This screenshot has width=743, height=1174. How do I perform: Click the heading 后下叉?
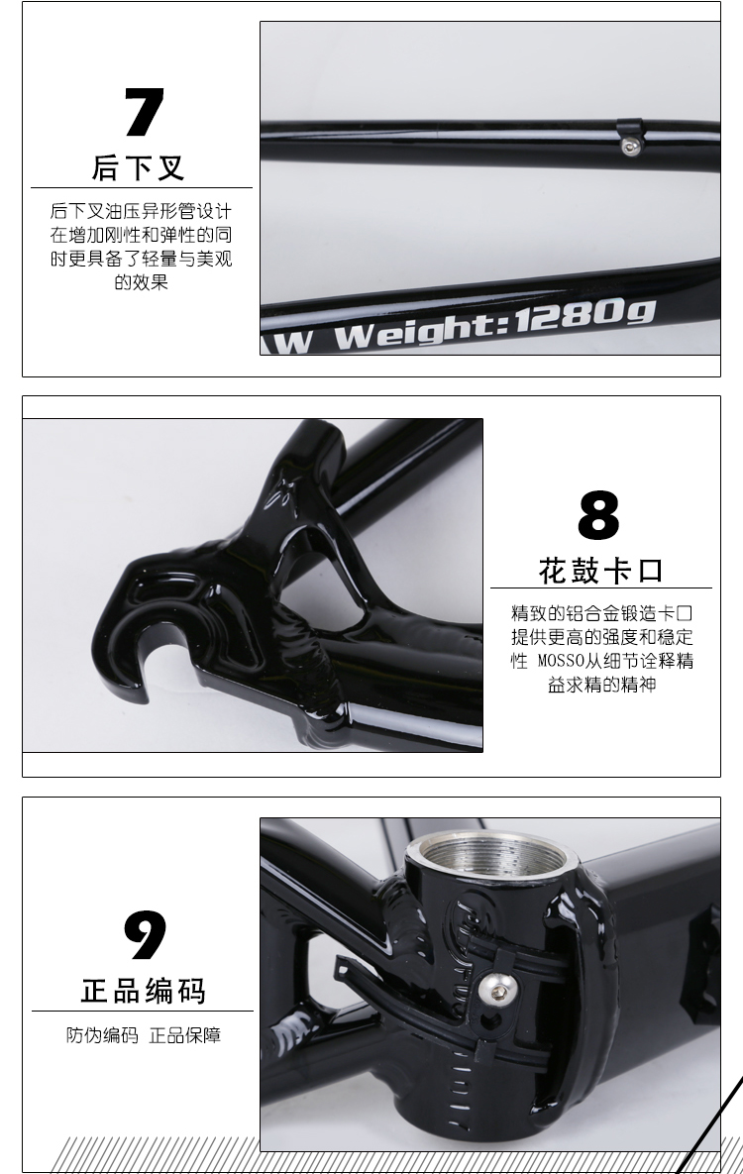(139, 167)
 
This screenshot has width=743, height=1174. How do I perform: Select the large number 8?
(598, 514)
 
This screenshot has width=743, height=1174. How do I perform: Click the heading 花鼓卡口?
(600, 572)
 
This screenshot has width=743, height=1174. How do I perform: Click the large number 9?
(144, 935)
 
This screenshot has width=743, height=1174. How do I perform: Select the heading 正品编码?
(143, 991)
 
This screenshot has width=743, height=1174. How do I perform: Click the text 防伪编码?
(103, 1035)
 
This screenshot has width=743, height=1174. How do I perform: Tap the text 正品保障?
(185, 1035)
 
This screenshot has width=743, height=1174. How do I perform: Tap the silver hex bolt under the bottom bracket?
(492, 988)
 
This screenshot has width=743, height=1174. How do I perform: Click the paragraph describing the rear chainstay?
(141, 247)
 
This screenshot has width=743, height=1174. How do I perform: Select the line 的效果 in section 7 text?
(141, 282)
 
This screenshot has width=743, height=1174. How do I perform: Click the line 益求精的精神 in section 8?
(601, 686)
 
